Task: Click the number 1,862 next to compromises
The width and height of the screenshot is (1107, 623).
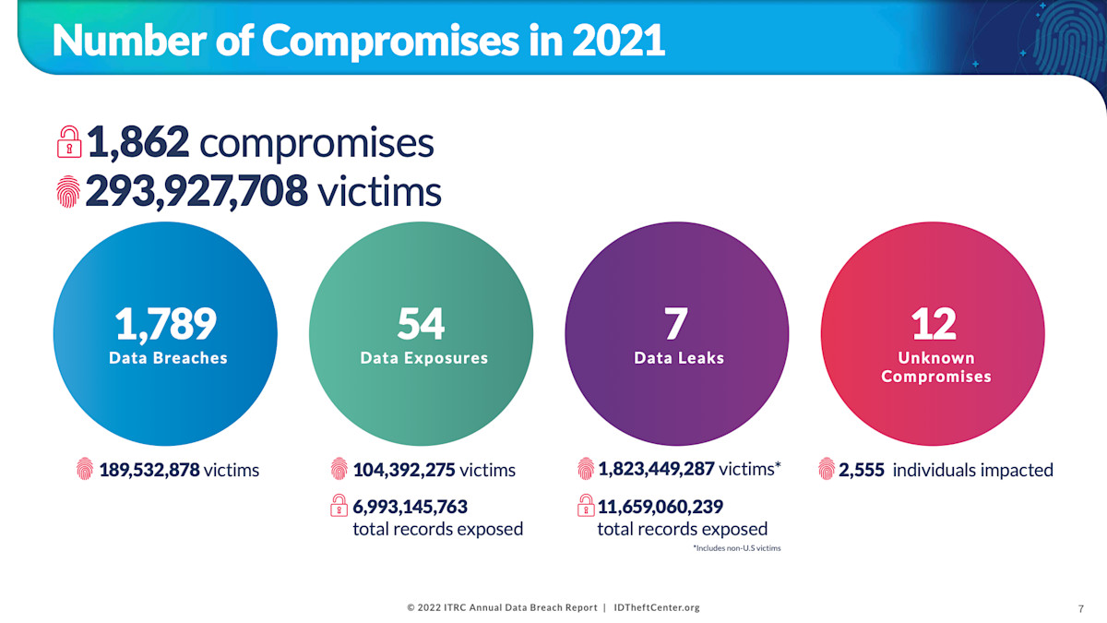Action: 138,142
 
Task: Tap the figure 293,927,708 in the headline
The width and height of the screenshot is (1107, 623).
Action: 196,191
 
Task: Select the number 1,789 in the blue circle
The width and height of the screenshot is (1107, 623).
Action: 166,323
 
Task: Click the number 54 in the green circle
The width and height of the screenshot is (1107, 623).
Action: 422,323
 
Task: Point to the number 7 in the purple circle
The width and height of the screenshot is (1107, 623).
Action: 676,323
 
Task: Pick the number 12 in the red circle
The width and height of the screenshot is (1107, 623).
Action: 934,323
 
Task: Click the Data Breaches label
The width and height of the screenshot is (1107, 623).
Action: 168,358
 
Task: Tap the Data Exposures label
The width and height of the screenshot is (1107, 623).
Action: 423,358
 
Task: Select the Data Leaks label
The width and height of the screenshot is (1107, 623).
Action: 679,358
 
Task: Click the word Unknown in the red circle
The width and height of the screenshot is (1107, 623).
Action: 936,358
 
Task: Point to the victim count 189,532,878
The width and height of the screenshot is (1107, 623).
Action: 150,470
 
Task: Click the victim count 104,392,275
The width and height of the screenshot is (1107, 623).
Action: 404,470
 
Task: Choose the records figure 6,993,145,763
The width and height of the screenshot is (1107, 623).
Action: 411,507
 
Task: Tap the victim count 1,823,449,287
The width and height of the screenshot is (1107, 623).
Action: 656,469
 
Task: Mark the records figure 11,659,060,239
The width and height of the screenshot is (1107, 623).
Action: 661,507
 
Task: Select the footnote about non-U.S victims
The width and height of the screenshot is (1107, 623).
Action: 736,548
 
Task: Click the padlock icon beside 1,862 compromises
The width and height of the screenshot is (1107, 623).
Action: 68,143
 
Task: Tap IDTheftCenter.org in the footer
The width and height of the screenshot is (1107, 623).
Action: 656,607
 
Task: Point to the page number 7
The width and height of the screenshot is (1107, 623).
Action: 1080,608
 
